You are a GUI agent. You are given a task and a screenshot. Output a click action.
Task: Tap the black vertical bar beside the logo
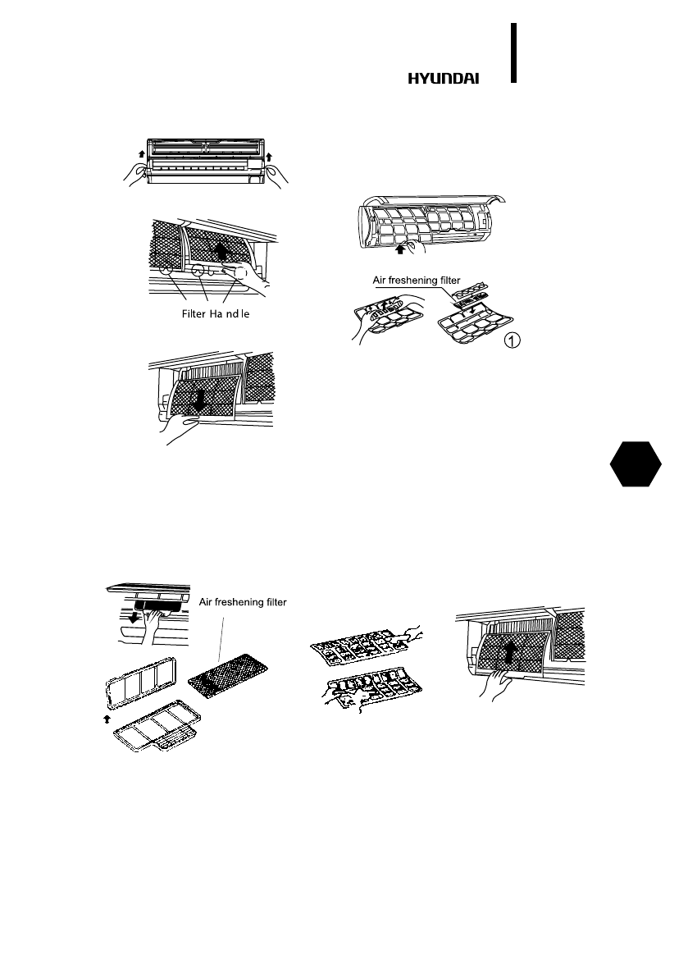click(514, 53)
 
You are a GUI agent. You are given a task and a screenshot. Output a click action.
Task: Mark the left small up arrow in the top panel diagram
click(140, 153)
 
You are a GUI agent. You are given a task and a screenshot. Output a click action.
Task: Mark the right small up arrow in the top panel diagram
click(269, 154)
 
